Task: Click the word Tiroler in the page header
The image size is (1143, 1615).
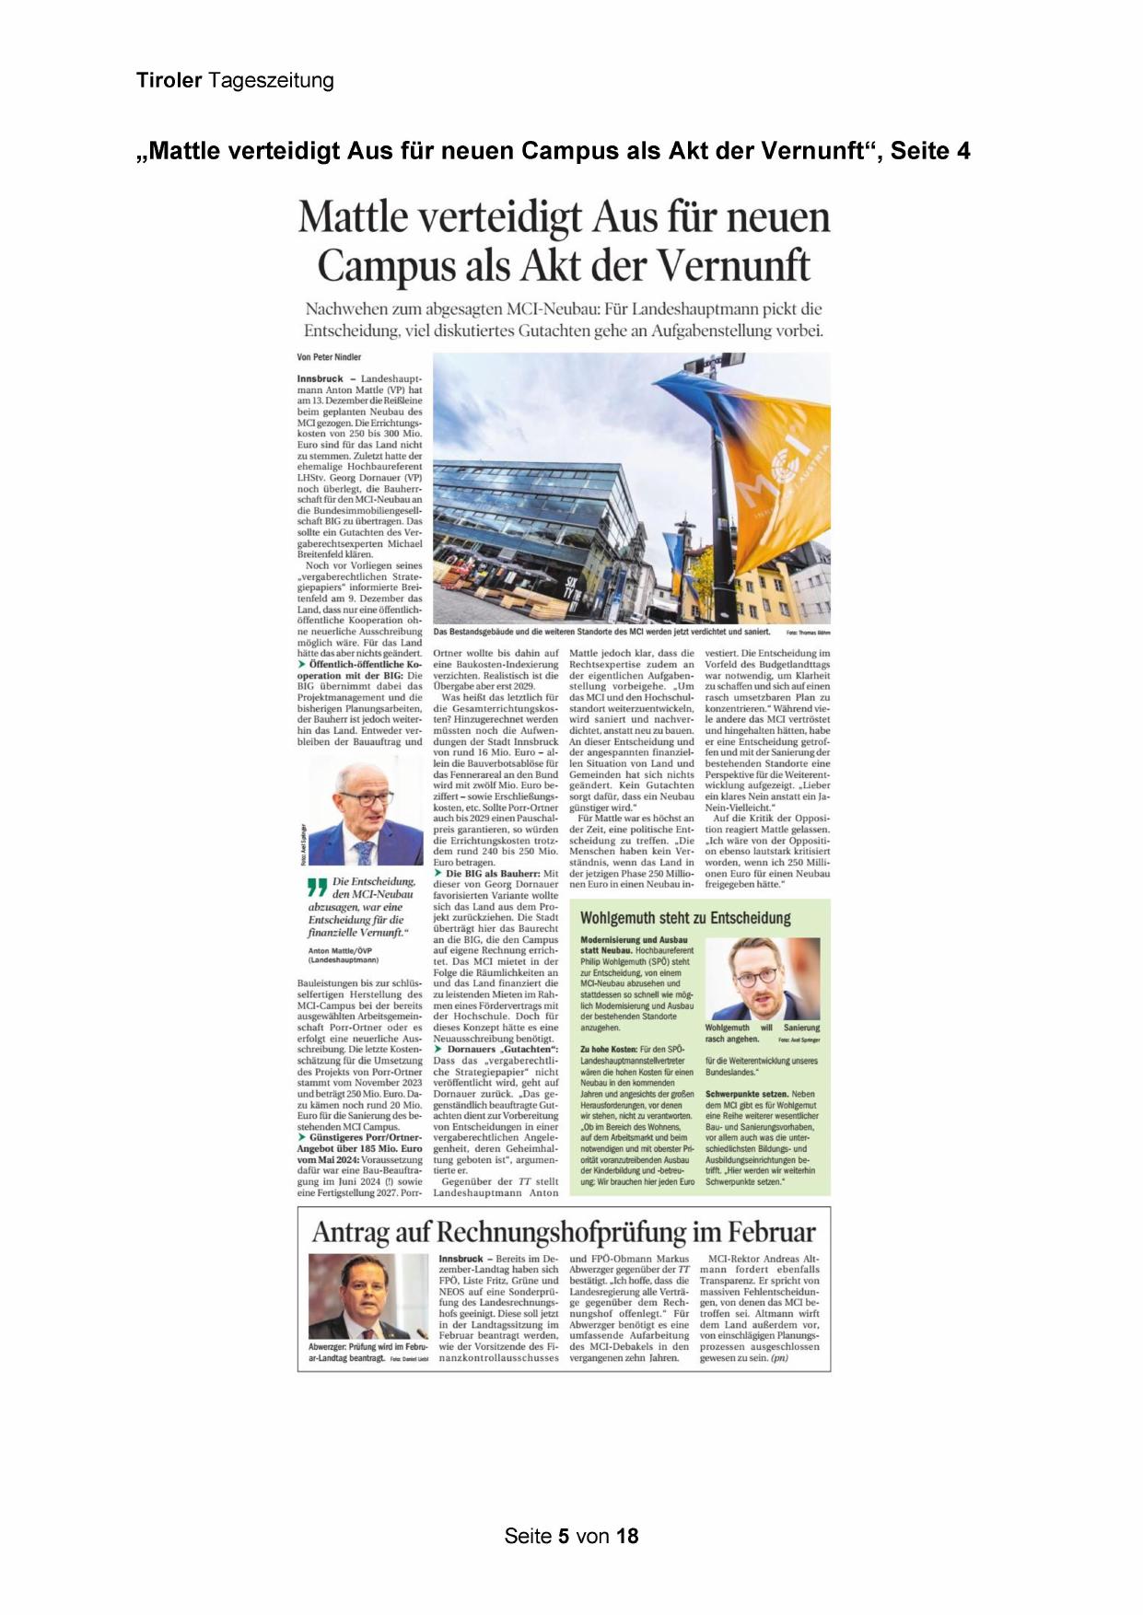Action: (169, 81)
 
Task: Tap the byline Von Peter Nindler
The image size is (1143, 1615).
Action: (329, 357)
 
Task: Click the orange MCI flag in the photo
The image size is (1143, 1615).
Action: (774, 479)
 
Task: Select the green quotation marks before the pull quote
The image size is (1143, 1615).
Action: (317, 888)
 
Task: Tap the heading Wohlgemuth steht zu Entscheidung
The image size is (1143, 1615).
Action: (685, 918)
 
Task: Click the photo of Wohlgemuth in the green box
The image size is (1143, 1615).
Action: (762, 979)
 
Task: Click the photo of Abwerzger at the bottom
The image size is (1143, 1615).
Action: (367, 1296)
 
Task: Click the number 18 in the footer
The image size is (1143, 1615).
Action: (627, 1536)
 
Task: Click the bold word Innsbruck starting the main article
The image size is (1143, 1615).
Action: (320, 379)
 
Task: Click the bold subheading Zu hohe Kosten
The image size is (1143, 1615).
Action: (608, 1050)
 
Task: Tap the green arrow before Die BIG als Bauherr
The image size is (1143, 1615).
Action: (438, 874)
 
